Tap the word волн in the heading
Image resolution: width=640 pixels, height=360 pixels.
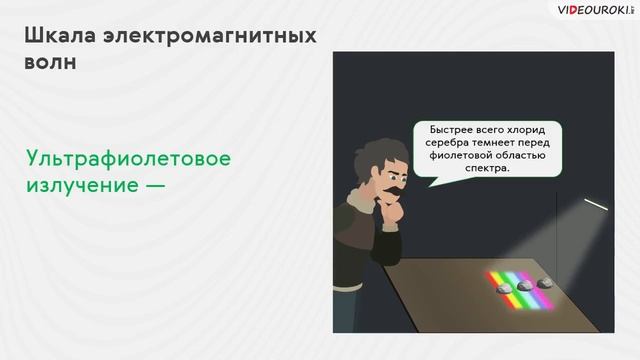pyautogui.click(x=49, y=63)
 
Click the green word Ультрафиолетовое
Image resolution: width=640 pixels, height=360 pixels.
pyautogui.click(x=129, y=159)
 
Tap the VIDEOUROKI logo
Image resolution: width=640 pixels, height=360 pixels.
pyautogui.click(x=593, y=11)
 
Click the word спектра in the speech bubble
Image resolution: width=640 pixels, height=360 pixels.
pyautogui.click(x=487, y=169)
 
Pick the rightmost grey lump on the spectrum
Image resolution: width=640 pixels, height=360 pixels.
pyautogui.click(x=545, y=283)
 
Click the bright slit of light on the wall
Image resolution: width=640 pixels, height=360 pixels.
pyautogui.click(x=596, y=203)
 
